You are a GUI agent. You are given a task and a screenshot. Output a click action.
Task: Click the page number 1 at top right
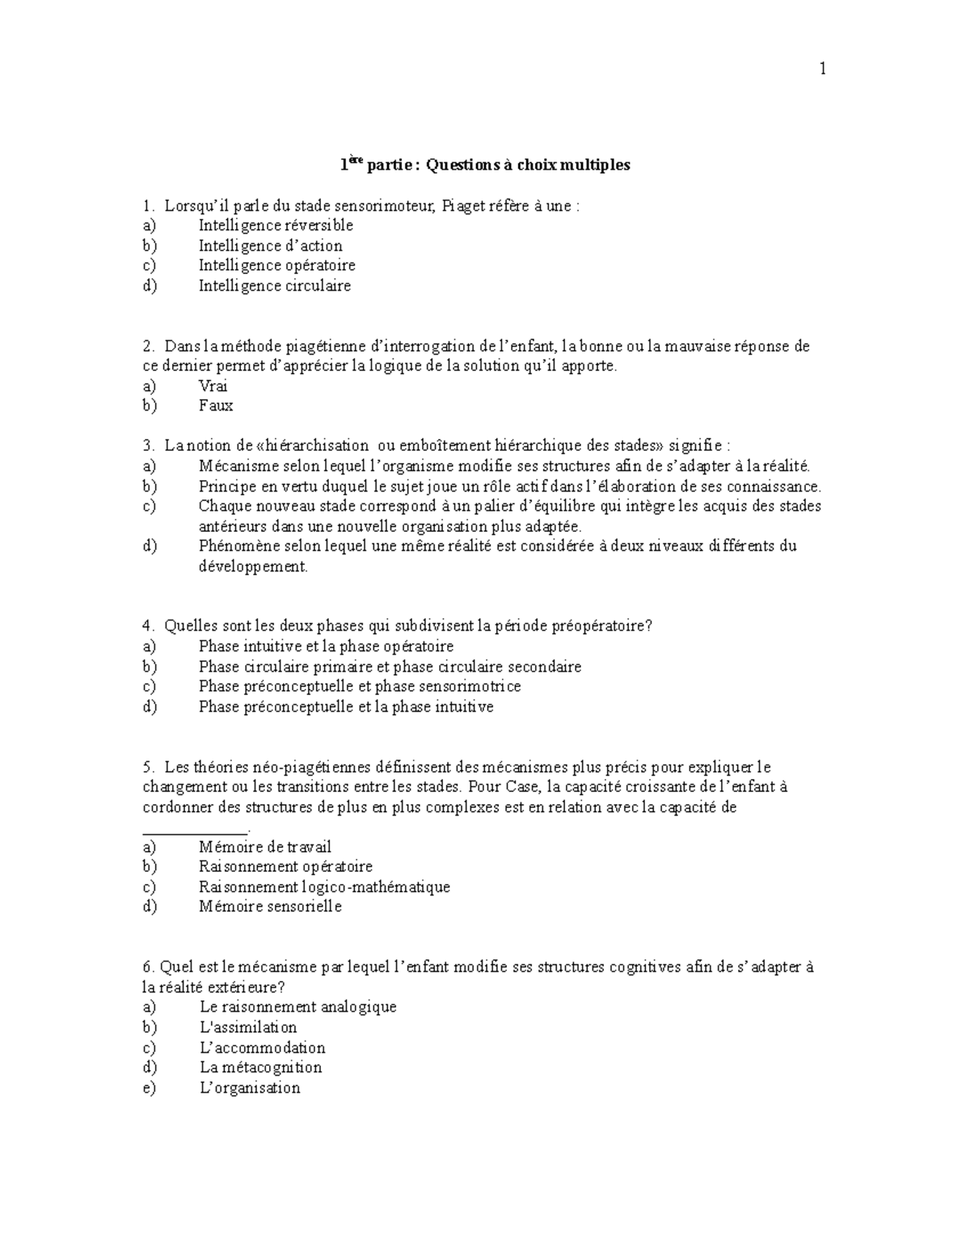point(823,69)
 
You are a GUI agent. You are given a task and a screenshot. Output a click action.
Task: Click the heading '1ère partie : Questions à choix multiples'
point(484,165)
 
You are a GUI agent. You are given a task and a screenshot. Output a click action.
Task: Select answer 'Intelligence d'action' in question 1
point(270,246)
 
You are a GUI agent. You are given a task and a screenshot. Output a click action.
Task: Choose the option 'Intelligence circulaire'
point(275,285)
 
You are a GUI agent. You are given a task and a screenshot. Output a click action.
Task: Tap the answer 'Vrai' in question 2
point(213,386)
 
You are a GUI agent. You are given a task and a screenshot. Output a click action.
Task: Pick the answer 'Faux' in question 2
point(215,406)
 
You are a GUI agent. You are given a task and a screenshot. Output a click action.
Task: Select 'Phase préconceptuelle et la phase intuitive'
point(345,707)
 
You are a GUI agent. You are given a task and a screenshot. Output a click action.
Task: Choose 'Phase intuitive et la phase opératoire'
point(326,646)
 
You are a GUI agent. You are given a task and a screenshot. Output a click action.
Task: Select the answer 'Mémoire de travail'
point(264,847)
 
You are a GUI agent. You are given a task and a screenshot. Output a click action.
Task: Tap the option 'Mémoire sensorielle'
point(270,907)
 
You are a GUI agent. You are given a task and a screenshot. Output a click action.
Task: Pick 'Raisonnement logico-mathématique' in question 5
point(323,887)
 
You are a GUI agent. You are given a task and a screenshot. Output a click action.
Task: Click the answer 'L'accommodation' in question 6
point(262,1048)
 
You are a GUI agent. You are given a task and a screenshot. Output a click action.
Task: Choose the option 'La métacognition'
point(260,1068)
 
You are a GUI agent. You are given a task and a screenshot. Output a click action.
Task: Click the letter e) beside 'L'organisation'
point(149,1088)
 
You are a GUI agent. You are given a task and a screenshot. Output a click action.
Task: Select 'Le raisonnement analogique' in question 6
point(297,1008)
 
